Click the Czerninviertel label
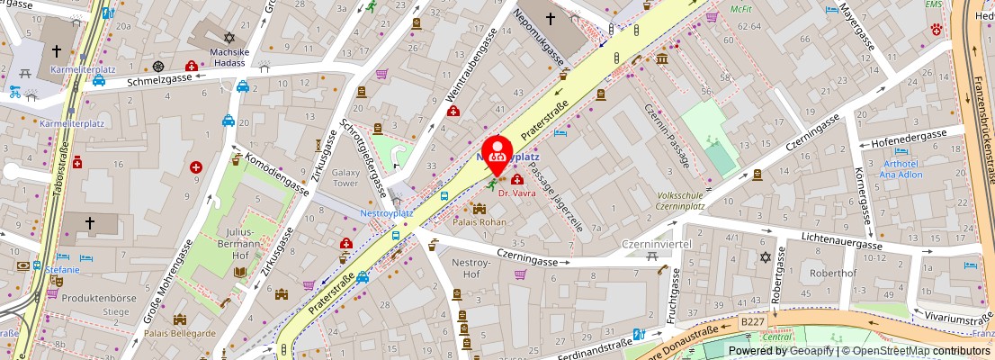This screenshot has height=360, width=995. point(656,244)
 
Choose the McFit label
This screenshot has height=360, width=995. point(740,8)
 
